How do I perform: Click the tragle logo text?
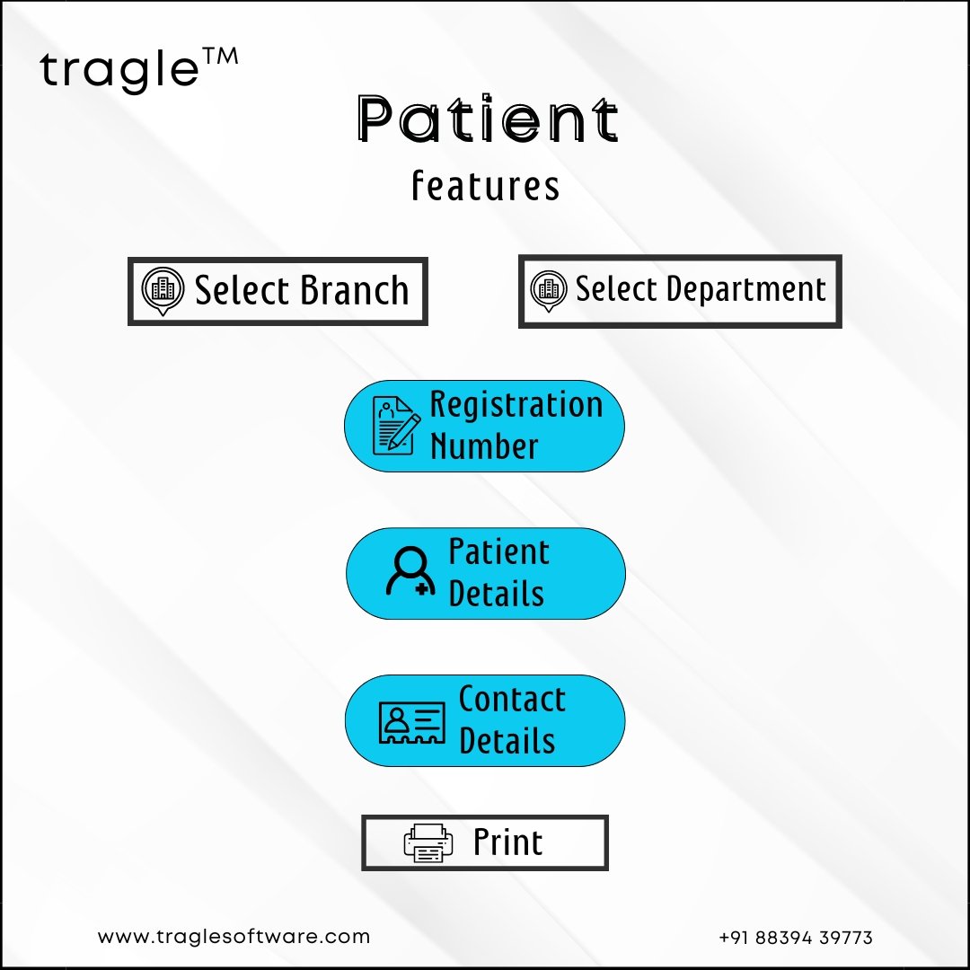click(119, 70)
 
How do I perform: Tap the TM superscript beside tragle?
click(220, 57)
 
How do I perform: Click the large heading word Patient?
click(488, 119)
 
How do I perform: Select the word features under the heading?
click(486, 186)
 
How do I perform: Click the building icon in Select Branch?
click(163, 291)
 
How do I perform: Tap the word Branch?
click(355, 290)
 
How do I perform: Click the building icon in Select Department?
click(548, 291)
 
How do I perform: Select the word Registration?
click(516, 405)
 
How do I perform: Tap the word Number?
click(484, 446)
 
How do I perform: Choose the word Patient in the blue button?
click(498, 551)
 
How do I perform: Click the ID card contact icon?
click(411, 722)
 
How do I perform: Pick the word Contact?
click(512, 699)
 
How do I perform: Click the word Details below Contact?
click(507, 740)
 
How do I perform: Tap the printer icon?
click(428, 843)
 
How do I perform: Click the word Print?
click(507, 842)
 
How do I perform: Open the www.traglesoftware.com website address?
click(234, 937)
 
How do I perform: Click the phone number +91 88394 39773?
click(796, 938)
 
